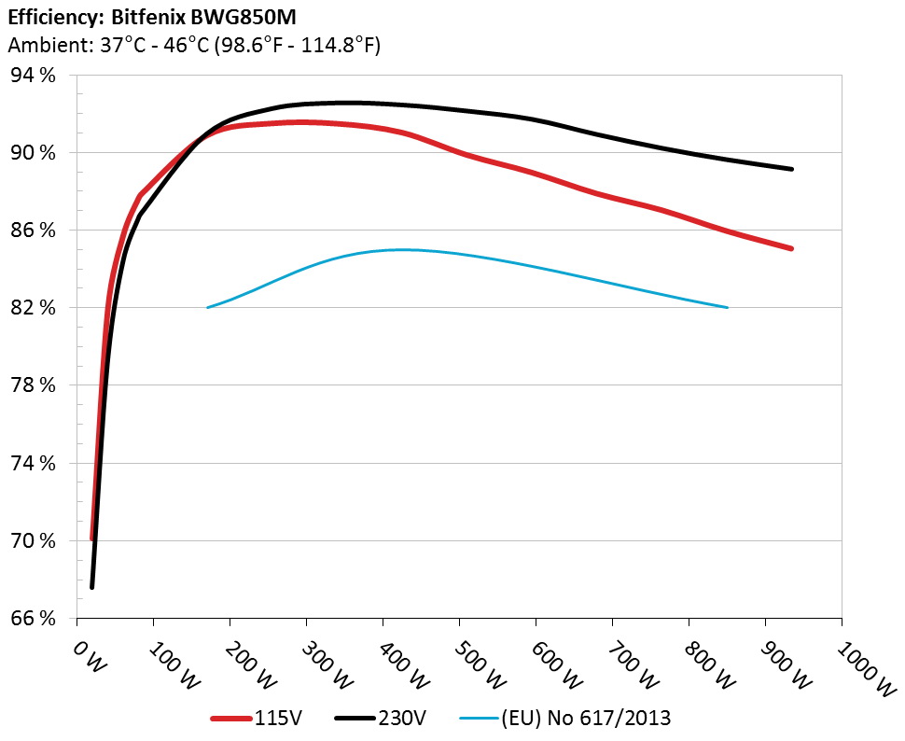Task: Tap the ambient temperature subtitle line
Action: [x=193, y=45]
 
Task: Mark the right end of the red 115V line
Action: [x=791, y=248]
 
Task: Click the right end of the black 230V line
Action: [x=791, y=169]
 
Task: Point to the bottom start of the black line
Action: [x=92, y=586]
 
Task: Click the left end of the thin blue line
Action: [x=207, y=307]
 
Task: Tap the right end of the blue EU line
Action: [x=727, y=307]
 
